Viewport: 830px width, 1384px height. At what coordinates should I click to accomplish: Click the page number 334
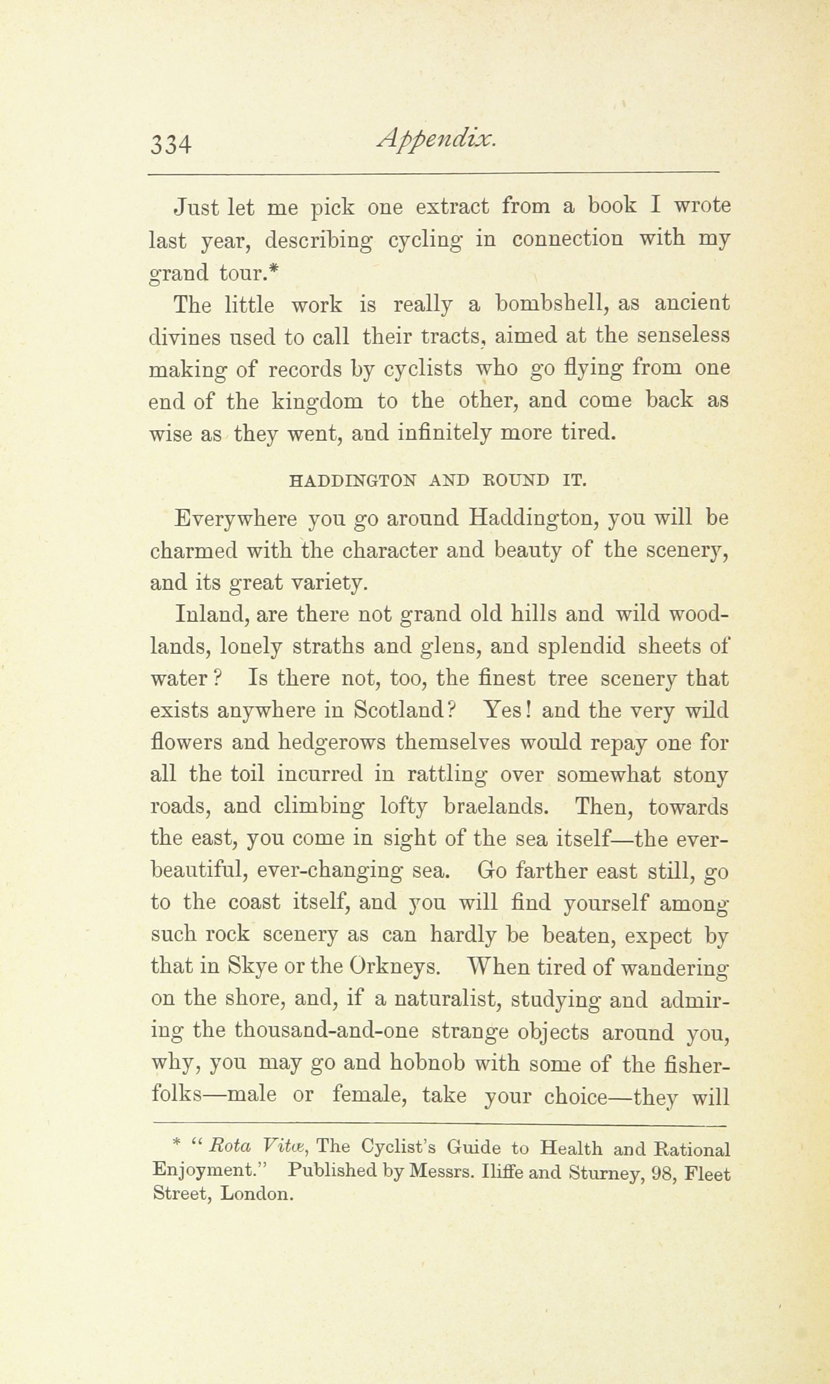[171, 143]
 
